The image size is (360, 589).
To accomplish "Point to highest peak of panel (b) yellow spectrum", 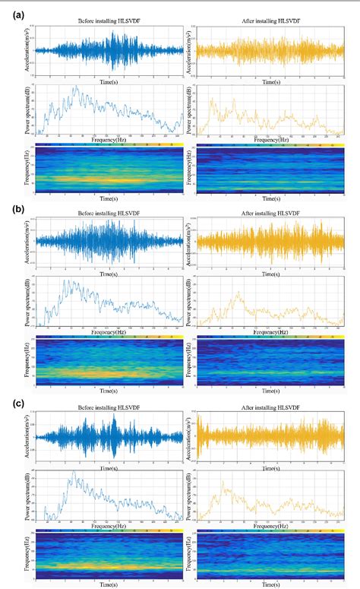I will [238, 292].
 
